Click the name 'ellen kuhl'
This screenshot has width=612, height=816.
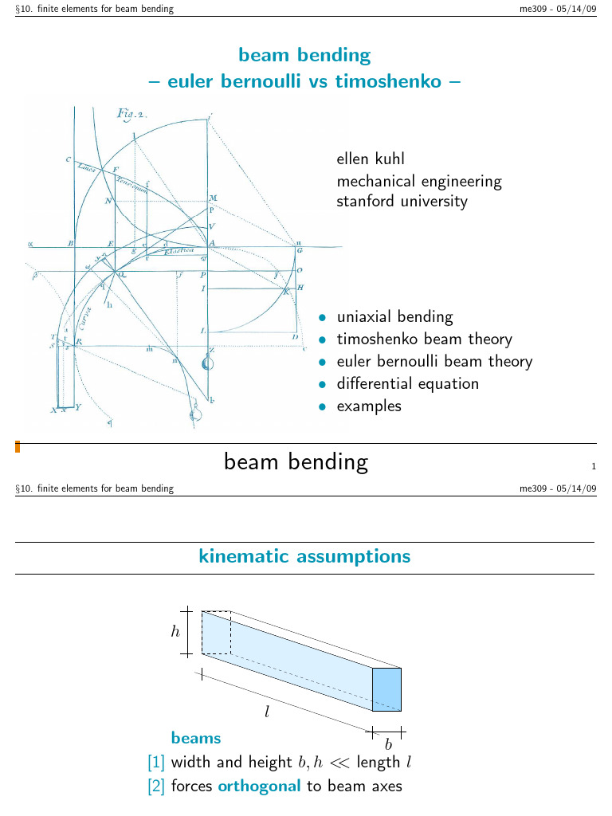pos(371,159)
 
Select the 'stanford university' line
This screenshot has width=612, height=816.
pos(402,201)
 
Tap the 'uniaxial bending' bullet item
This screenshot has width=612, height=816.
pos(394,316)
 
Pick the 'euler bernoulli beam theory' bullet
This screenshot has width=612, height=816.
pos(434,361)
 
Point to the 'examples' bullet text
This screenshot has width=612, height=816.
pos(369,406)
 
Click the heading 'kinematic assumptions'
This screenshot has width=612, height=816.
pos(304,557)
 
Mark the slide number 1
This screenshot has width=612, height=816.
pos(594,467)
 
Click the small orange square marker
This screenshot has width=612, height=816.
pos(18,448)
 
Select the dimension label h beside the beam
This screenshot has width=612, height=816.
pos(175,632)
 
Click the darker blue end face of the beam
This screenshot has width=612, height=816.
pos(386,688)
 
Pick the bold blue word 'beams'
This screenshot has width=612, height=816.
pos(196,739)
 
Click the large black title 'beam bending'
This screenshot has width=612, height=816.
pos(296,462)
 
